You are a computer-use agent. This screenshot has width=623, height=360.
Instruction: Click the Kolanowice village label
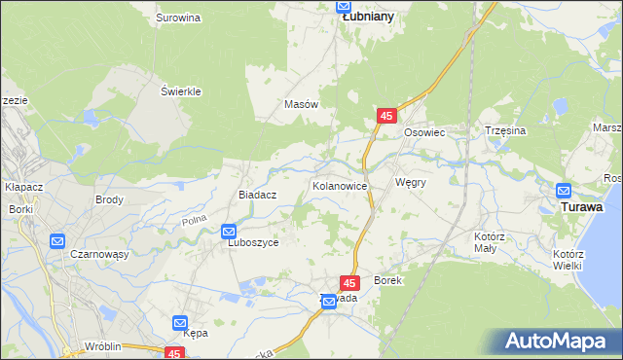339,185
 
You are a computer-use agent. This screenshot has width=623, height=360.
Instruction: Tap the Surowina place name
178,18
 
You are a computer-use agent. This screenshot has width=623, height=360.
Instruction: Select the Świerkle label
180,91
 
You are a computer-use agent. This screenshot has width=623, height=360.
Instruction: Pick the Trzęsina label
505,130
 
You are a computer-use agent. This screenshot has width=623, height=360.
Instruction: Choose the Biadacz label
259,195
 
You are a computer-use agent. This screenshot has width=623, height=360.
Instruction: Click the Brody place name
108,199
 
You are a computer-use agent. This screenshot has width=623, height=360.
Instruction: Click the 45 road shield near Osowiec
386,116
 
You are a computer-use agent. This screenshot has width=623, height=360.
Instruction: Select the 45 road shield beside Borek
351,282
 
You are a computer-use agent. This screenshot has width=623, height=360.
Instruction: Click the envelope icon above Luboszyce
229,232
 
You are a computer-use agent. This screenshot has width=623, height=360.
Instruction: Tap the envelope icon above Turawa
564,191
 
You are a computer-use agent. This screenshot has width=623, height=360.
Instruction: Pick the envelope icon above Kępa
181,322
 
